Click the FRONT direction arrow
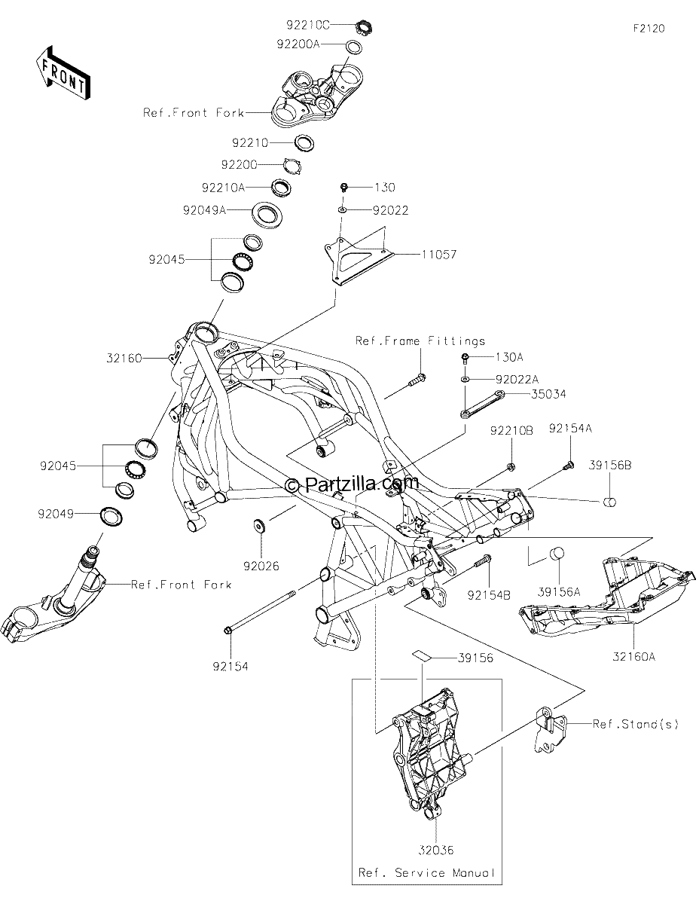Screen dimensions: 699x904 tap(63, 74)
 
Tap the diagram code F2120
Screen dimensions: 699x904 tap(649, 29)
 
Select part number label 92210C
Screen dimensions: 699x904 tap(308, 26)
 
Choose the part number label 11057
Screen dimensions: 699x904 tap(439, 254)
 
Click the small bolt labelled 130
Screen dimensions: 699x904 tap(344, 188)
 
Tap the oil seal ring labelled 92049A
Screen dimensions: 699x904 tap(268, 215)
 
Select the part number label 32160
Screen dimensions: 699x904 tap(124, 358)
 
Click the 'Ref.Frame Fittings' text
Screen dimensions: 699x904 tap(420, 341)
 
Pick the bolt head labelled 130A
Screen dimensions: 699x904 tap(465, 356)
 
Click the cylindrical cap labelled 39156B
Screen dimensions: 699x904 tap(609, 502)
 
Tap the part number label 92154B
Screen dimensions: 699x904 tap(489, 595)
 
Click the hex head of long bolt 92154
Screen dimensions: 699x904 tap(228, 631)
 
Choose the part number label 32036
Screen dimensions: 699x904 tap(436, 850)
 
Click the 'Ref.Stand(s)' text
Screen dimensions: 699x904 tap(636, 724)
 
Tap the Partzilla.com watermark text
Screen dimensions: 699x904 tap(353, 484)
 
